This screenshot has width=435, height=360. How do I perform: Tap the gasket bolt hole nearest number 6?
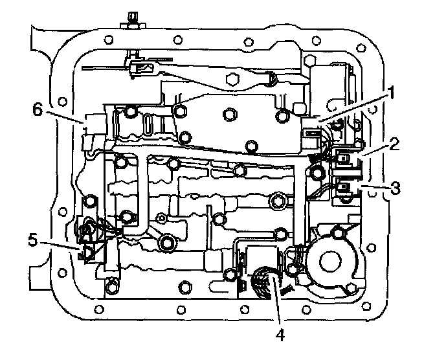(62, 102)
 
